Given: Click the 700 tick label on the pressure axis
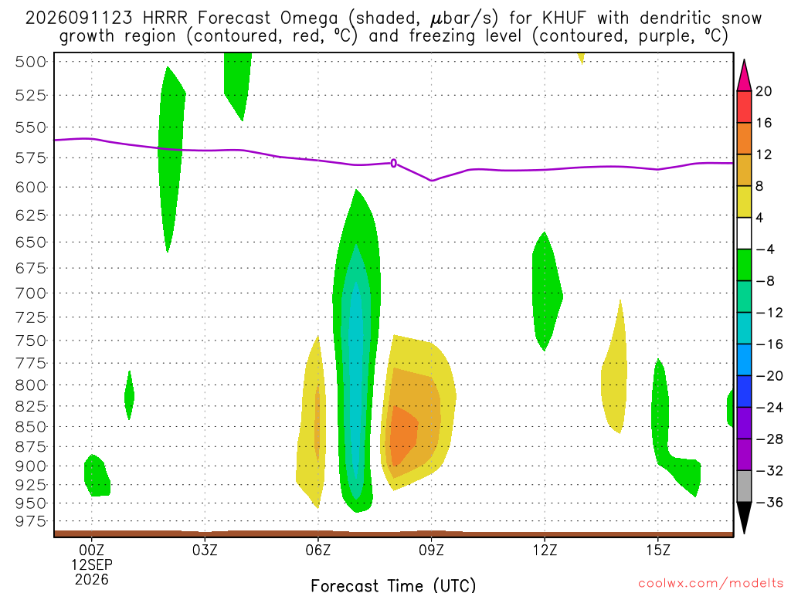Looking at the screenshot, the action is coord(30,293).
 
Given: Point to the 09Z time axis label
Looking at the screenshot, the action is coord(431,550).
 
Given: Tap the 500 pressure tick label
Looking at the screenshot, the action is coord(30,62).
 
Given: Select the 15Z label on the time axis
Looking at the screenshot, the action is coord(658,550).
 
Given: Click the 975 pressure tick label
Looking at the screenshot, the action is coord(30,521).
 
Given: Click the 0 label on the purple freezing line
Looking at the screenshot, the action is coord(393,163).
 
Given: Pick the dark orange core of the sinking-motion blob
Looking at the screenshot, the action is coord(403,435).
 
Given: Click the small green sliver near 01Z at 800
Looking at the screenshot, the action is coord(130,395).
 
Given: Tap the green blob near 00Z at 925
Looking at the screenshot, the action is coord(97,476).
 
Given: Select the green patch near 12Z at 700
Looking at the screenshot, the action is coord(546,291).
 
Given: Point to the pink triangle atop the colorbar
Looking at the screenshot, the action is coord(744,77).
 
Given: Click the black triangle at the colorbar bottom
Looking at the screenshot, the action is coord(744,517).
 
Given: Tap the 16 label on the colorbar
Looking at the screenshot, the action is coord(764,123).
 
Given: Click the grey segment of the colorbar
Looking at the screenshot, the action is coord(744,486).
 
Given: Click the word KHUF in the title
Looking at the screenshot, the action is coord(565,19).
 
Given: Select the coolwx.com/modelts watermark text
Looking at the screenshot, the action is coord(711,584).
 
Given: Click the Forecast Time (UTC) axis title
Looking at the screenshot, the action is coord(393,585).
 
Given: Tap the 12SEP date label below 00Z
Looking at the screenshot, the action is coord(91,564).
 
